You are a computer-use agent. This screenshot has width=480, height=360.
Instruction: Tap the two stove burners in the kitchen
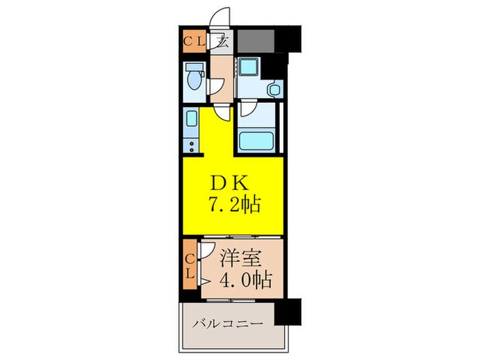click(x=191, y=146)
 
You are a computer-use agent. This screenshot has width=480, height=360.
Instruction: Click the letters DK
click(x=230, y=183)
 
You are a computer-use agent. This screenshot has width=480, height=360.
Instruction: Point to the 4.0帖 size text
click(x=244, y=279)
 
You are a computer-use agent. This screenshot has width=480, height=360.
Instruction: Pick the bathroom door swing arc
click(x=248, y=108)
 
